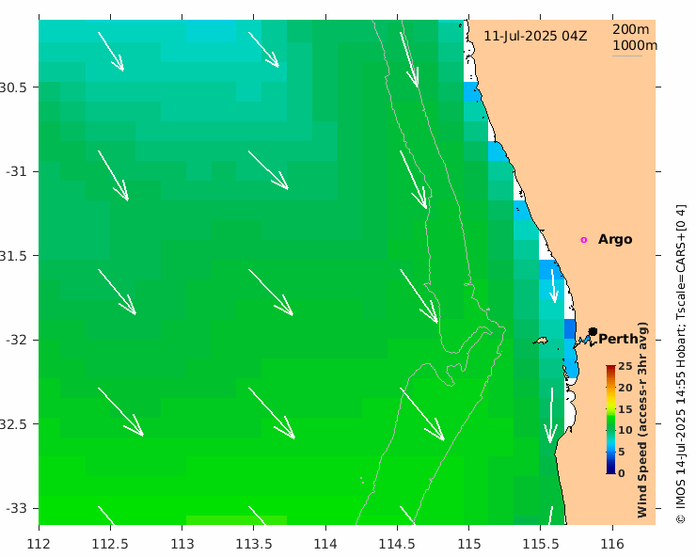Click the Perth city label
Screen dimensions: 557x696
point(618,339)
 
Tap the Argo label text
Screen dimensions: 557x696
point(615,239)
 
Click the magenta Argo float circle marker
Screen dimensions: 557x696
point(583,240)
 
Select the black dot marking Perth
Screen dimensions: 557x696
point(593,331)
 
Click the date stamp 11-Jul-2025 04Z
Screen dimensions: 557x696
point(535,36)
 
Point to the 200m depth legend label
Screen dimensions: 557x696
point(630,29)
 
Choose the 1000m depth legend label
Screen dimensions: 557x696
point(634,45)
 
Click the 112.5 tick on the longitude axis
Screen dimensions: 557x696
point(110,544)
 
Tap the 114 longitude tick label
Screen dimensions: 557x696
point(325,544)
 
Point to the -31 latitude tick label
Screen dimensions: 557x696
point(19,171)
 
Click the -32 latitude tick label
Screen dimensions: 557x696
point(19,340)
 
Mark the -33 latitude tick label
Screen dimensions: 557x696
point(19,508)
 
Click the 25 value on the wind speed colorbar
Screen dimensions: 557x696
point(624,366)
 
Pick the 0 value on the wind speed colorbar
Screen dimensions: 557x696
point(621,473)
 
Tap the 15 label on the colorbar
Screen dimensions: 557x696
point(624,409)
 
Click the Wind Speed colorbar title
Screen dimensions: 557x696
point(643,419)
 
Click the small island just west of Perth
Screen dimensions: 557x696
point(540,341)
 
